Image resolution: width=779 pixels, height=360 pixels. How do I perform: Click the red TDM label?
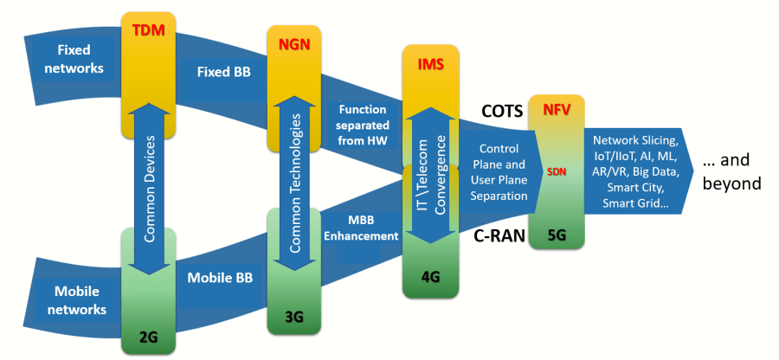click(x=148, y=31)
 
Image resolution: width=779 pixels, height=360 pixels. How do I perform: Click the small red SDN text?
click(x=557, y=170)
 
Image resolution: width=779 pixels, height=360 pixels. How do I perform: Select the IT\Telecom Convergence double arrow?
click(x=430, y=174)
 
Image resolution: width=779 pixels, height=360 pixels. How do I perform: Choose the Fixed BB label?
click(x=222, y=73)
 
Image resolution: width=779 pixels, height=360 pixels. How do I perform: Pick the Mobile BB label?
click(x=220, y=279)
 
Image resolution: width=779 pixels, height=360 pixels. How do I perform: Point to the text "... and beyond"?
click(x=731, y=171)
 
